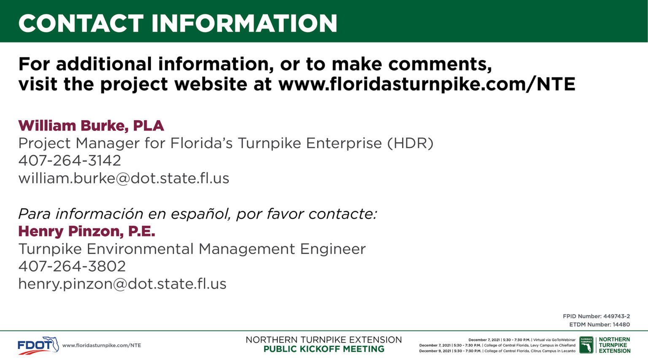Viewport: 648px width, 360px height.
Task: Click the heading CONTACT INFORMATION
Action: [x=178, y=23]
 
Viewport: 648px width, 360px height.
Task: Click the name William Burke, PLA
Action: [x=91, y=126]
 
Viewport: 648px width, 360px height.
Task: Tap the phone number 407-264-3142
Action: [x=70, y=161]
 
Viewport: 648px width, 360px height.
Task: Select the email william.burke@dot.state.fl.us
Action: [x=124, y=178]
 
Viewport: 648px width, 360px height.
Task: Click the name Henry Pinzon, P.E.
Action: [x=87, y=231]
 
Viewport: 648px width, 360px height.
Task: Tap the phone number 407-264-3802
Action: [x=72, y=266]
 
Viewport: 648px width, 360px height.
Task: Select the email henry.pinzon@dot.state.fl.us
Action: [x=122, y=284]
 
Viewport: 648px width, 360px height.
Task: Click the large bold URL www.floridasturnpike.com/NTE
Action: [x=427, y=84]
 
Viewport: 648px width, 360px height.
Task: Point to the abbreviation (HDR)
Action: [x=410, y=143]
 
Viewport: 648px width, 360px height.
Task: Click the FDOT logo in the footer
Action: [x=38, y=345]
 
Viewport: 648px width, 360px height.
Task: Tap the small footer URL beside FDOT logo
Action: [x=102, y=346]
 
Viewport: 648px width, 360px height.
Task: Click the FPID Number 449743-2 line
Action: [x=596, y=316]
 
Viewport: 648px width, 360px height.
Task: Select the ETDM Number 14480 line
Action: [x=599, y=325]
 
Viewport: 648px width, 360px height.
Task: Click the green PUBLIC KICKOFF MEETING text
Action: [x=324, y=349]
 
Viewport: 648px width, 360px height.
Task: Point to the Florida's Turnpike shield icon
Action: [x=586, y=345]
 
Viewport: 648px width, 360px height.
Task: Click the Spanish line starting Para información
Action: [x=197, y=214]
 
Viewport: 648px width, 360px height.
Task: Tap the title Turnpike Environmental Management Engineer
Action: [x=192, y=249]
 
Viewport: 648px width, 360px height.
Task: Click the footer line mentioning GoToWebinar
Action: [x=522, y=340]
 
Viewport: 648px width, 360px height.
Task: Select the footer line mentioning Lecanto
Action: [x=497, y=351]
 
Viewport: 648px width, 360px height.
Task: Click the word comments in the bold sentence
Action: [x=440, y=64]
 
